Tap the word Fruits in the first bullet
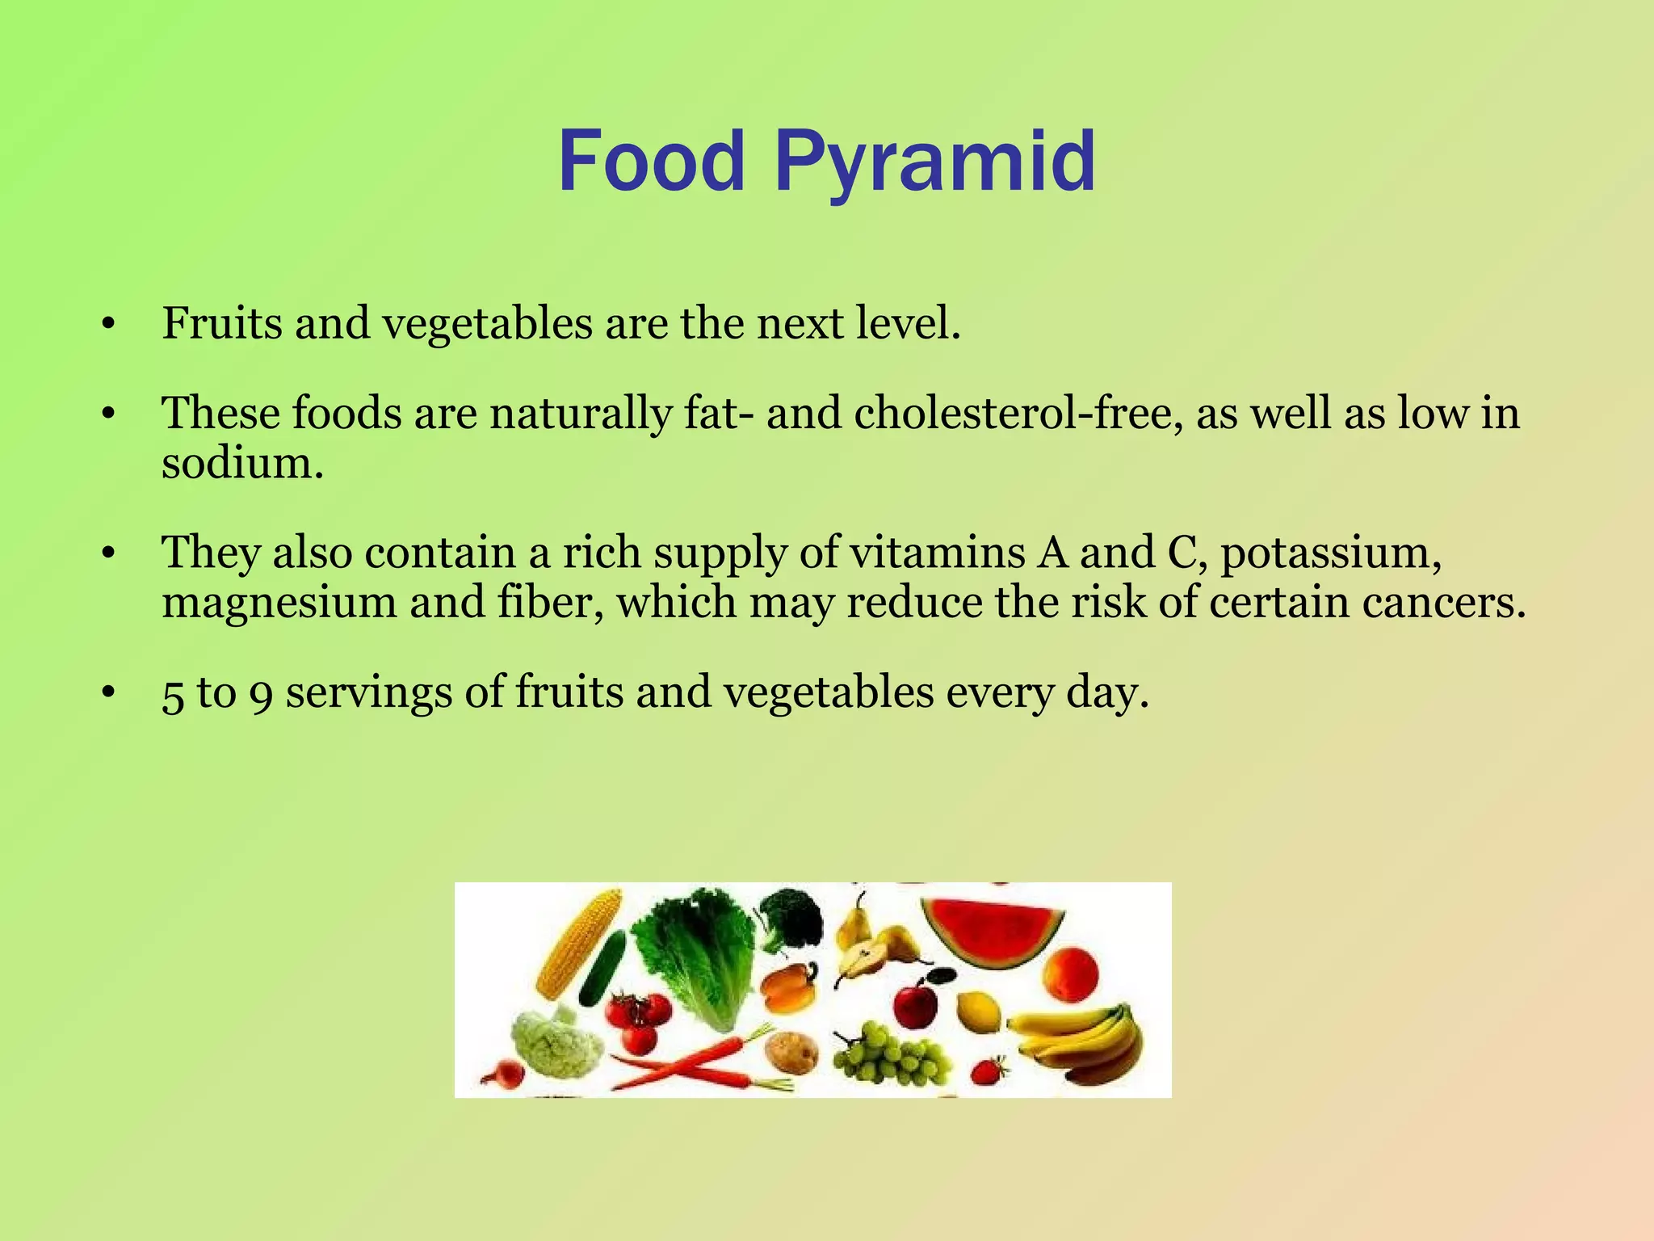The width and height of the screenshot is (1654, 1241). [x=222, y=323]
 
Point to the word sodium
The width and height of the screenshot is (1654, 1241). [x=242, y=464]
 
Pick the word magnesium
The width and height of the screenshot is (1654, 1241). [x=279, y=603]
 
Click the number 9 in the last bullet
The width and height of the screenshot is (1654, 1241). [x=261, y=694]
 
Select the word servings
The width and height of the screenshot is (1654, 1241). [x=369, y=694]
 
